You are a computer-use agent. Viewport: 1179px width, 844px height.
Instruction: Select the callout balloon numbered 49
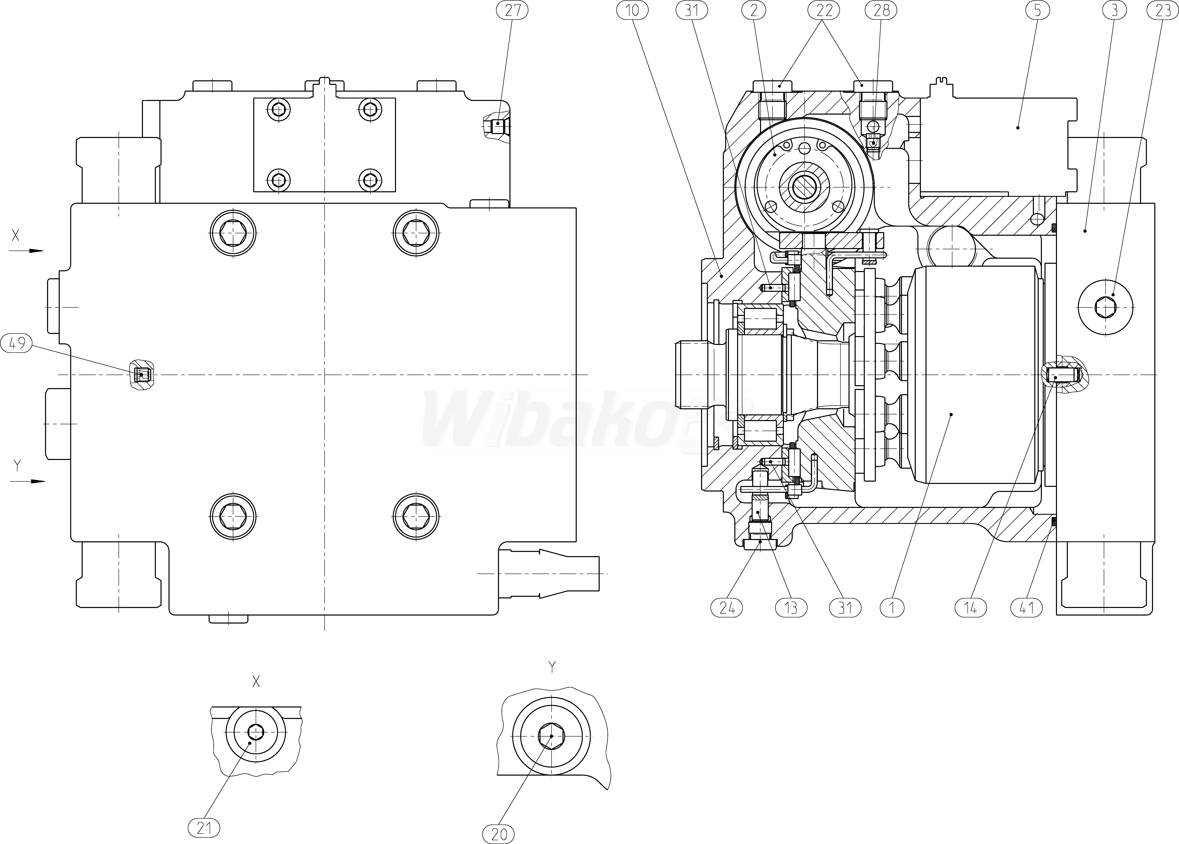pos(17,343)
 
